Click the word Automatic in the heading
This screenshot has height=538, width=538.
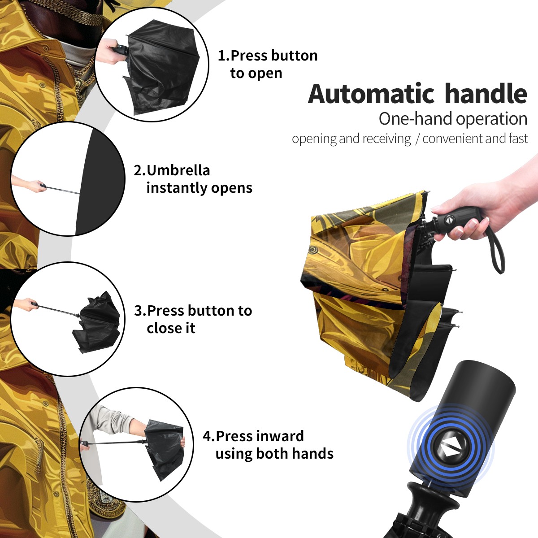coord(371,94)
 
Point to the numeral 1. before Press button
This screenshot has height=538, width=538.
coord(223,56)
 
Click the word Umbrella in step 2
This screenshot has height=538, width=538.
coord(178,170)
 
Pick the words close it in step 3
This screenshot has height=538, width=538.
coord(171,328)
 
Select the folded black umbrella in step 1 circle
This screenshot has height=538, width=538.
coord(162,67)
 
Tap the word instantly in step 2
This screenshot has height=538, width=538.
coord(176,188)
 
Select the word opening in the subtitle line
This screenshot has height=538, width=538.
coord(314,139)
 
